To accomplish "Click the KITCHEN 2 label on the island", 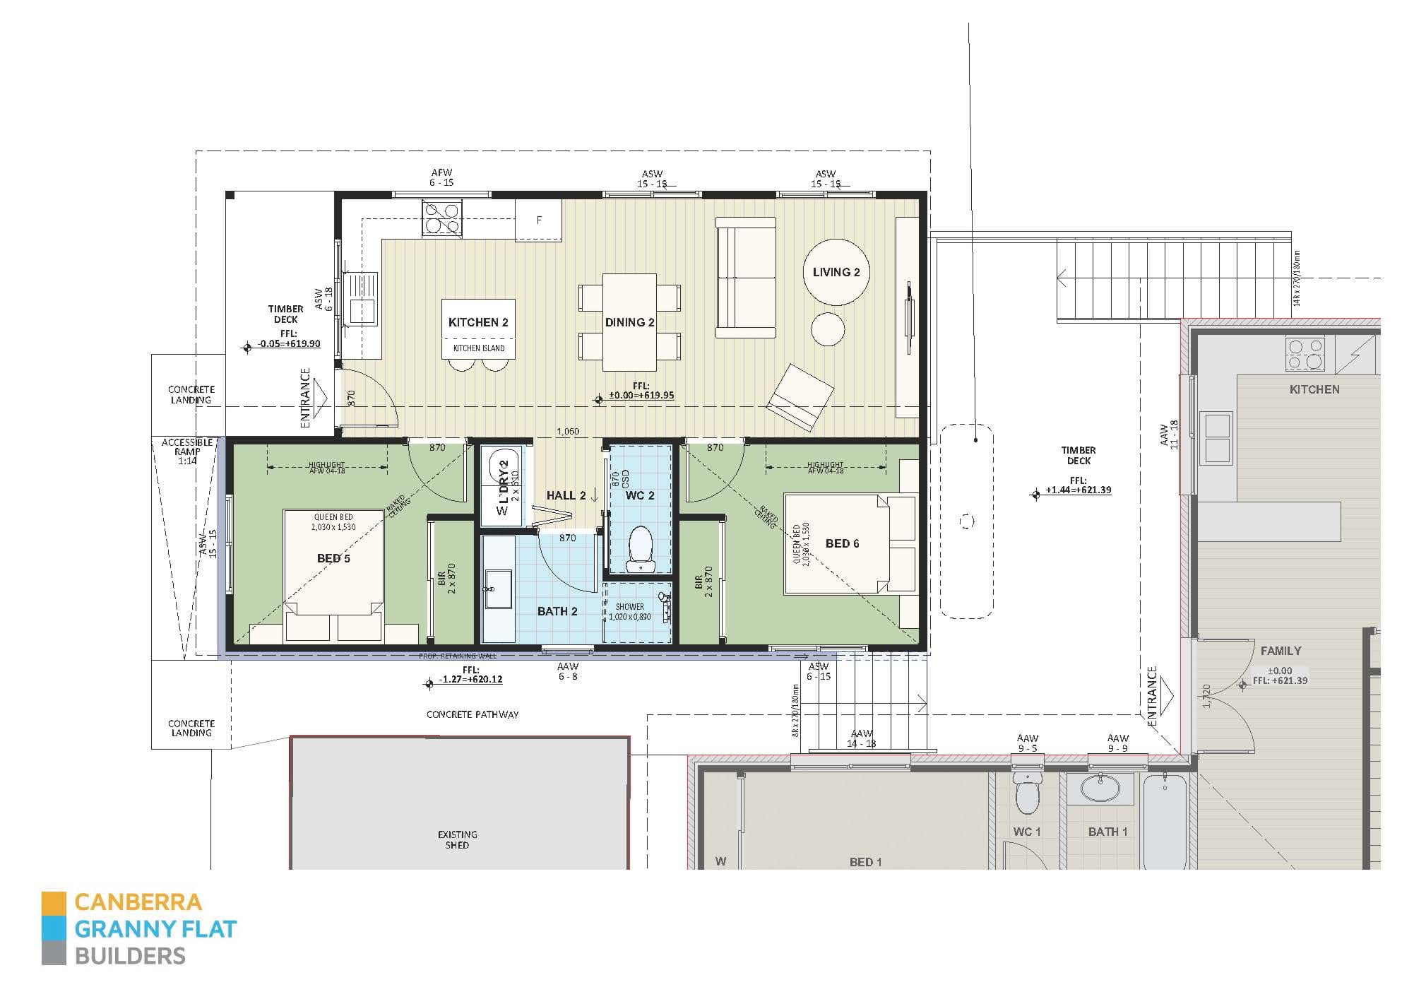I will click(x=478, y=322).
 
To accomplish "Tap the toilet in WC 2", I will click(x=641, y=548).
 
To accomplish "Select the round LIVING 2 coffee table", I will click(x=836, y=273).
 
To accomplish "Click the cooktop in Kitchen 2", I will click(x=441, y=217).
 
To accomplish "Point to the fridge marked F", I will click(x=538, y=220).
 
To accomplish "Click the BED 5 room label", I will click(x=333, y=558).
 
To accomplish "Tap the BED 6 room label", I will click(x=842, y=543).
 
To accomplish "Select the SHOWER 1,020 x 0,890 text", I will click(x=629, y=612).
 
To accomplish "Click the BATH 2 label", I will click(x=557, y=611).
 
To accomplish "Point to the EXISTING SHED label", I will click(x=457, y=839).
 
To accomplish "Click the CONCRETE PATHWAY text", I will click(x=473, y=714).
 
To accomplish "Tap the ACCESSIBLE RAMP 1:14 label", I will click(x=187, y=451).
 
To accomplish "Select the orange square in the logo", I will click(x=54, y=902).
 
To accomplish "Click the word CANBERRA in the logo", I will click(x=138, y=902).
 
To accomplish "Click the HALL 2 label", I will click(x=566, y=495).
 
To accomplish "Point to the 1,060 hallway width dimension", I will click(x=567, y=431).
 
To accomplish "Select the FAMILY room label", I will click(x=1281, y=651).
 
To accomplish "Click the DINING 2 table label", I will click(x=629, y=322).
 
